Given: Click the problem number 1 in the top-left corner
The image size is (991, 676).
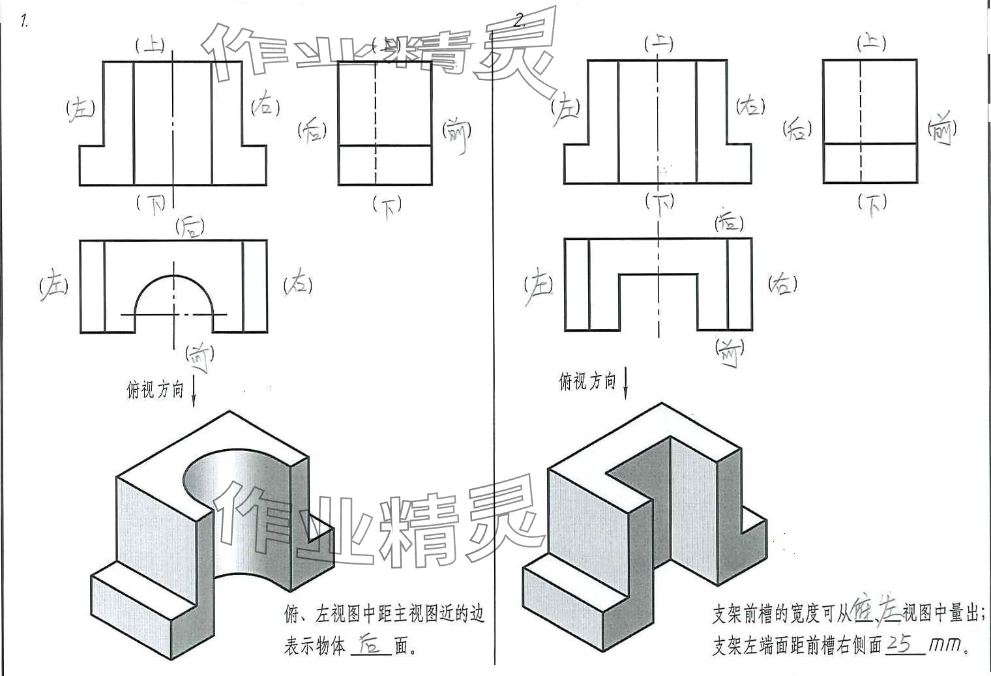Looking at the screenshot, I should click(x=24, y=22).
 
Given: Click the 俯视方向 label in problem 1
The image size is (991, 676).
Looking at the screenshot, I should click(x=155, y=390).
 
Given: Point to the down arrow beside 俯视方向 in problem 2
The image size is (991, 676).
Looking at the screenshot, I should click(x=625, y=383).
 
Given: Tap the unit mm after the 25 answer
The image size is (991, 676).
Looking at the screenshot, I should click(x=946, y=645).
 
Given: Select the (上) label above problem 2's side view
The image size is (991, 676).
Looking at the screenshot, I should click(x=870, y=44).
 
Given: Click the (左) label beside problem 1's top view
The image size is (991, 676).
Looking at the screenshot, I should click(x=54, y=286).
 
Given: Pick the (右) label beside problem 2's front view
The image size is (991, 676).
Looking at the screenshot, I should click(x=750, y=106).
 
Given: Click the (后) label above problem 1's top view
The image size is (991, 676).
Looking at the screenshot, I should click(x=190, y=227).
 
